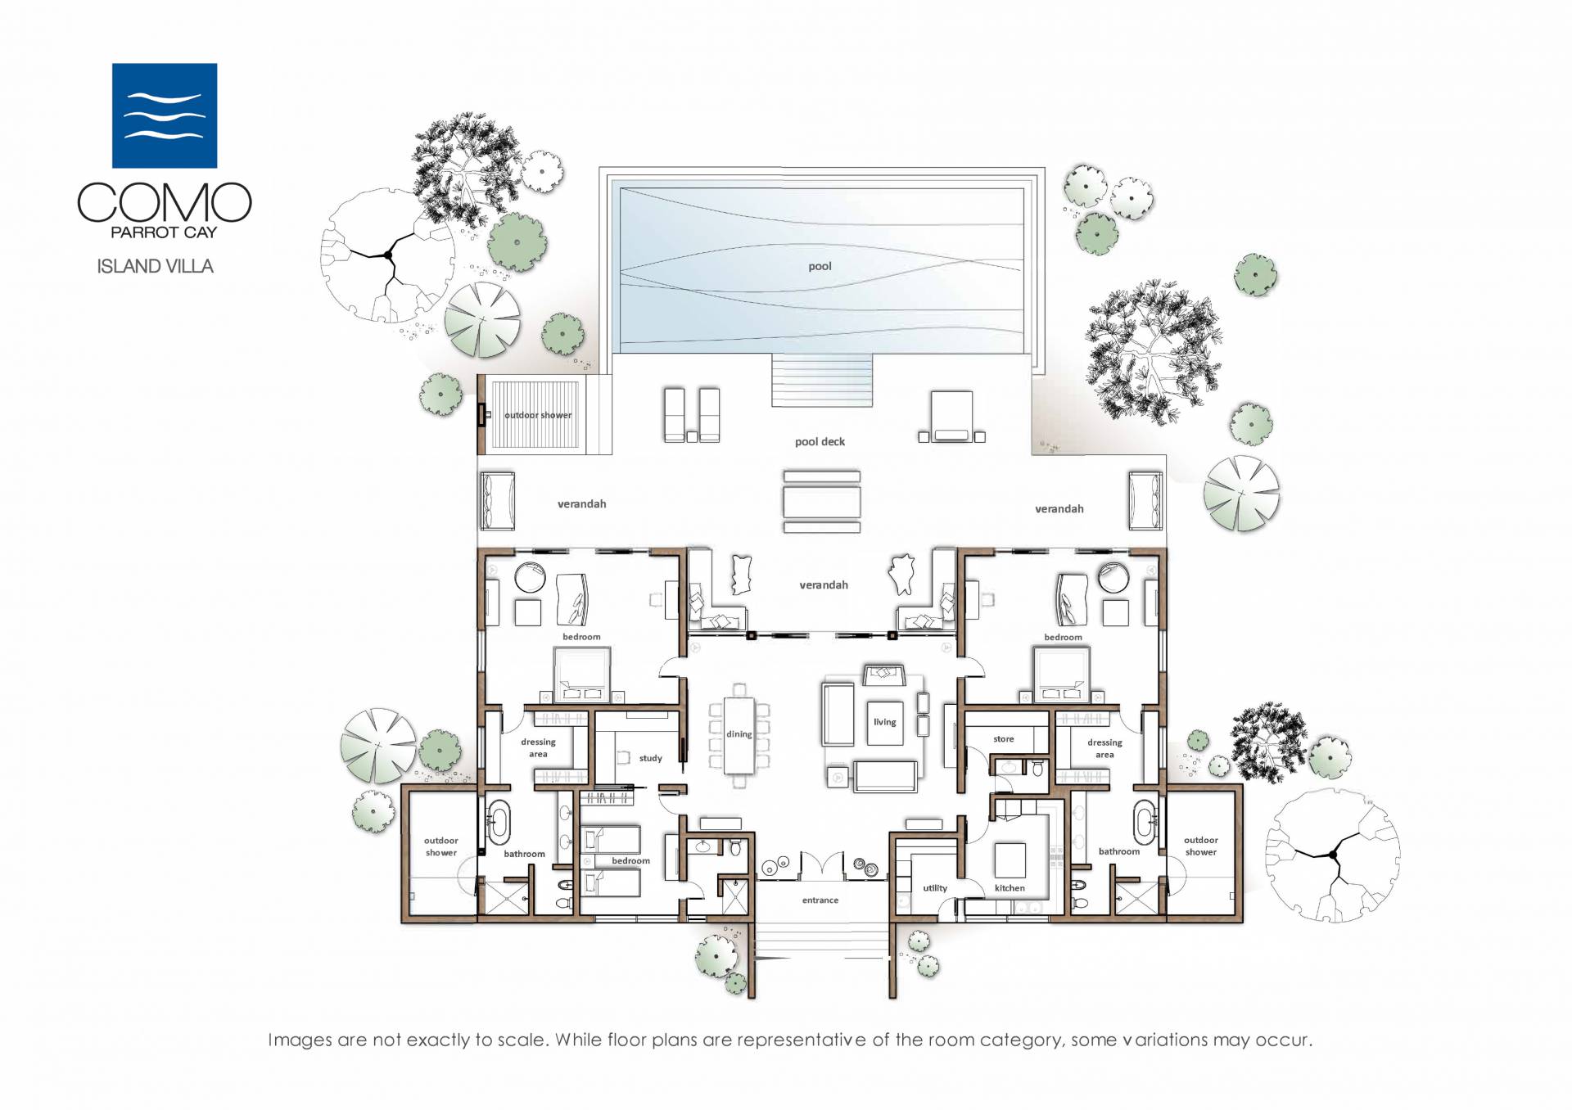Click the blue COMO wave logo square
[x=165, y=115]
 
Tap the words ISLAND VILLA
[x=155, y=266]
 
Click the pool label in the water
[x=820, y=266]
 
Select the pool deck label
[x=820, y=441]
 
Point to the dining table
[x=739, y=734]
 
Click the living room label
[x=884, y=722]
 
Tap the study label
[x=651, y=758]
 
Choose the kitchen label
[x=1010, y=888]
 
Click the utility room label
[x=935, y=888]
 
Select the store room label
[x=1004, y=739]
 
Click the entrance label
[x=820, y=900]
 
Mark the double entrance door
[x=820, y=865]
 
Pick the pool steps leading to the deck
[x=822, y=380]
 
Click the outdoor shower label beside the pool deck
[x=538, y=415]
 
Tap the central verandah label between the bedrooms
[x=824, y=585]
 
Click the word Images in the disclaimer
[x=300, y=1040]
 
